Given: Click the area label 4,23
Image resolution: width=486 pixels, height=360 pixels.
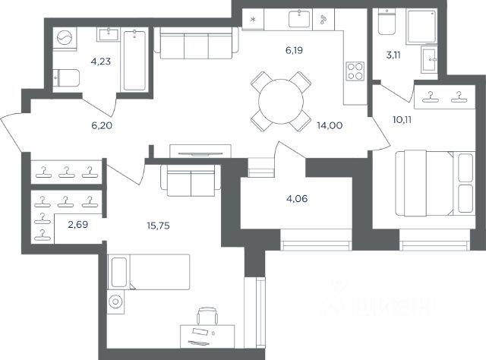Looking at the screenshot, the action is (x=101, y=62).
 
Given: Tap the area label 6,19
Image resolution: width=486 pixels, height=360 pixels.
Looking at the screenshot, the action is (x=294, y=50).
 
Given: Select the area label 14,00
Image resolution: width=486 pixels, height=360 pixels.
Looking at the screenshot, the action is (x=330, y=125).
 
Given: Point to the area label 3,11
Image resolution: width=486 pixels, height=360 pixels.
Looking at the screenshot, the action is (x=393, y=55).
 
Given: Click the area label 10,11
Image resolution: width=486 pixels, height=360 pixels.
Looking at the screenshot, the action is (x=402, y=120).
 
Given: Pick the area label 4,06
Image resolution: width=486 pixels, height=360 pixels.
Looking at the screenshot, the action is (x=297, y=198).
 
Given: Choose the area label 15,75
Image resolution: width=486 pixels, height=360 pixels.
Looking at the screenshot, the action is (x=158, y=226).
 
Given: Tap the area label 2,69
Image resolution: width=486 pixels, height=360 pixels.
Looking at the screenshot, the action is (x=77, y=225).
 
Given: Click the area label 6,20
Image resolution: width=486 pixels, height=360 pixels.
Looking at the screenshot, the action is (x=102, y=125).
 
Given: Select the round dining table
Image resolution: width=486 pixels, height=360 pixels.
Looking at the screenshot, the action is (x=281, y=102).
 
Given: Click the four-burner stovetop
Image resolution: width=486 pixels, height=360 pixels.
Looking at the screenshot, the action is (x=355, y=71).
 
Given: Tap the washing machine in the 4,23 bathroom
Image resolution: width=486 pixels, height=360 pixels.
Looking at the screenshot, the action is (x=65, y=39).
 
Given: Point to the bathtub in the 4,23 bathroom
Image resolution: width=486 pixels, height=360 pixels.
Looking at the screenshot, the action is (x=134, y=60).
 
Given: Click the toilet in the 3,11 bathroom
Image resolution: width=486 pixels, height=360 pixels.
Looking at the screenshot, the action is (x=387, y=22).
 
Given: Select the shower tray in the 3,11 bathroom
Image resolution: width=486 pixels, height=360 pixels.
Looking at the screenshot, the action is (x=422, y=26).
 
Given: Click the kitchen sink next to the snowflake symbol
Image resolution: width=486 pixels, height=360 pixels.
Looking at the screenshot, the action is (x=299, y=18).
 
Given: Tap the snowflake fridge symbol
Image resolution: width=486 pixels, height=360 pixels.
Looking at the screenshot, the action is (x=253, y=19).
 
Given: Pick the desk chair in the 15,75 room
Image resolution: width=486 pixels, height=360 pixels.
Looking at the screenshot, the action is (x=207, y=316).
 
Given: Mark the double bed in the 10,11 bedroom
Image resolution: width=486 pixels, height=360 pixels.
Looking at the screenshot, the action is (x=435, y=183).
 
